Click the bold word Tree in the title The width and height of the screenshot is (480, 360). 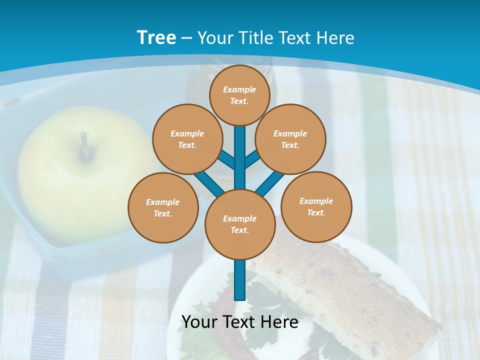[156, 38]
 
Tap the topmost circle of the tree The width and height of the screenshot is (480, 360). [239, 95]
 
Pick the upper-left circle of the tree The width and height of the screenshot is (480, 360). [187, 139]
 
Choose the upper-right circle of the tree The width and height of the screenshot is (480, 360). [290, 139]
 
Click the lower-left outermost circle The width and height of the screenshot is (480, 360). [162, 207]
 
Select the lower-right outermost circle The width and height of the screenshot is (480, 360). [316, 206]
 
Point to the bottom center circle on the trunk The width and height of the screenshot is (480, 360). [240, 224]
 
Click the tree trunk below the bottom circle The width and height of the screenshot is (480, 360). [240, 280]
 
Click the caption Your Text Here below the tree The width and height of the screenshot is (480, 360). [240, 322]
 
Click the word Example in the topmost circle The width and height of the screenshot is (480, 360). [239, 89]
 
